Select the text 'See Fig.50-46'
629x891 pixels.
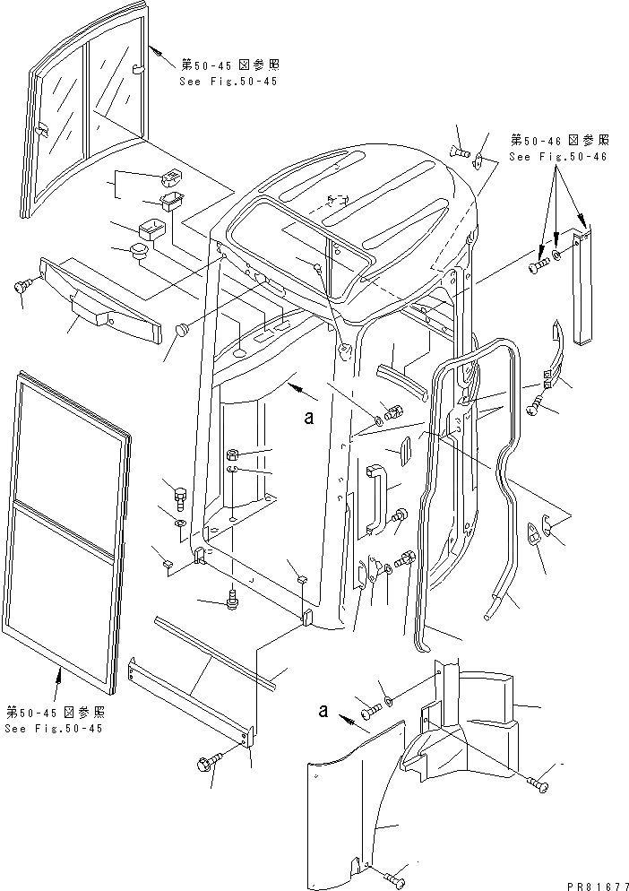[557, 156]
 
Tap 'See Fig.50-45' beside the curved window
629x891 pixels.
[228, 81]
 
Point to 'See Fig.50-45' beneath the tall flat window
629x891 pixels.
[53, 728]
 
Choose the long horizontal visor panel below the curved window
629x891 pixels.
[99, 299]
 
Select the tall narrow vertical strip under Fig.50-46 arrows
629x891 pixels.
[583, 287]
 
